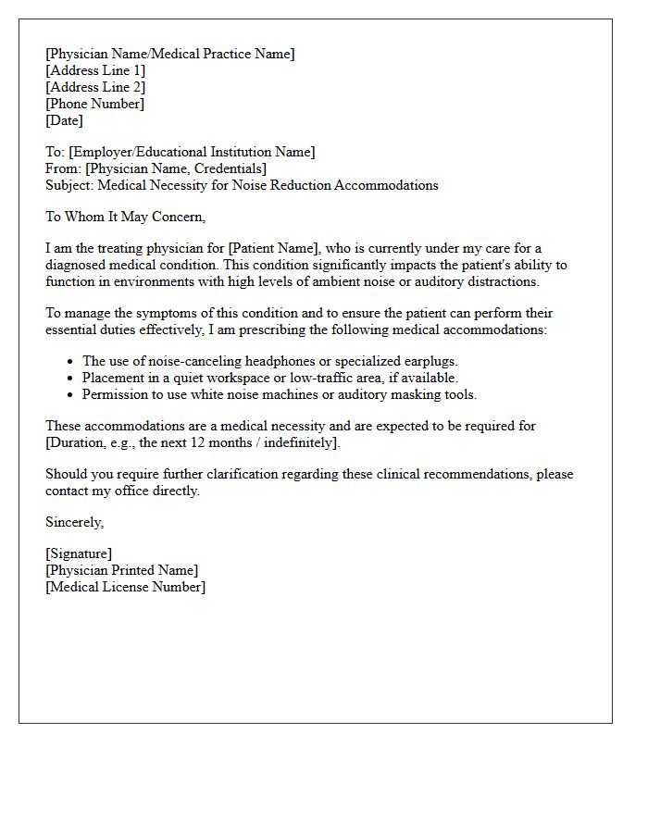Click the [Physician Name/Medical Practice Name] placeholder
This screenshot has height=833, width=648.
pyautogui.click(x=170, y=54)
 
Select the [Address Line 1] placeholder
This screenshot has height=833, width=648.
pyautogui.click(x=95, y=70)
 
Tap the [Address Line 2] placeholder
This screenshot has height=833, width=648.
pyautogui.click(x=95, y=87)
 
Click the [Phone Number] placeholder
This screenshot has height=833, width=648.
pyautogui.click(x=94, y=104)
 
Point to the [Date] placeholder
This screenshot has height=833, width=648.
pyautogui.click(x=64, y=120)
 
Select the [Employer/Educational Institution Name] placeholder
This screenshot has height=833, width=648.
pyautogui.click(x=192, y=152)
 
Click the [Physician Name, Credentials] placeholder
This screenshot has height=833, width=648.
pyautogui.click(x=176, y=168)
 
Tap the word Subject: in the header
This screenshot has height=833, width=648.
pyautogui.click(x=69, y=185)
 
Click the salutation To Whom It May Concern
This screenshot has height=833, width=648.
pyautogui.click(x=125, y=217)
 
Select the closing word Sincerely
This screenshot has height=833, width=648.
pyautogui.click(x=74, y=522)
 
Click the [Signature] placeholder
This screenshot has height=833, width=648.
pyautogui.click(x=79, y=553)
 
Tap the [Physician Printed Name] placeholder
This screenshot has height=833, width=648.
pyautogui.click(x=121, y=570)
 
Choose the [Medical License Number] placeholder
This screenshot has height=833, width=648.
pyautogui.click(x=125, y=587)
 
